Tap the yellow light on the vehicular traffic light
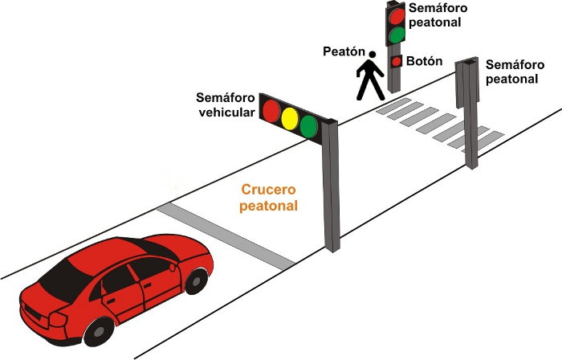point(290,117)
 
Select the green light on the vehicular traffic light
point(309,125)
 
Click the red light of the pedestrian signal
point(396,16)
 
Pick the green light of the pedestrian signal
point(396,35)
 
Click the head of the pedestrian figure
point(371,55)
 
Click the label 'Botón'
point(423,60)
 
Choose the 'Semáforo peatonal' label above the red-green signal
point(435,14)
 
